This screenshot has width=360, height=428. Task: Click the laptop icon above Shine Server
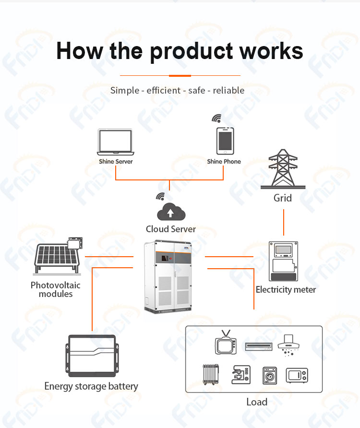click(116, 142)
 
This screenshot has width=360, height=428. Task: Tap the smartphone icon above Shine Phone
click(225, 141)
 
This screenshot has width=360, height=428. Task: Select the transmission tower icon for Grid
click(283, 169)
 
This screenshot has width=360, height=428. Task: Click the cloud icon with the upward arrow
click(171, 212)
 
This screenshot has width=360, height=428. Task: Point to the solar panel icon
click(58, 256)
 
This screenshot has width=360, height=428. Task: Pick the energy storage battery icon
click(92, 356)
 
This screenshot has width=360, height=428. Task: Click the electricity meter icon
click(283, 261)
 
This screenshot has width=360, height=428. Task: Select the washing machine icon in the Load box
click(270, 376)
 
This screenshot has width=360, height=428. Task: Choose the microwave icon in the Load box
click(297, 375)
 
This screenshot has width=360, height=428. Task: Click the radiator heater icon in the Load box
click(211, 374)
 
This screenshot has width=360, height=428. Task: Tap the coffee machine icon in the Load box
click(241, 375)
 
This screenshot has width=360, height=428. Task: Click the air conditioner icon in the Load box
click(258, 346)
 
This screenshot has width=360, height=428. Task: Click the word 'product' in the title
click(192, 52)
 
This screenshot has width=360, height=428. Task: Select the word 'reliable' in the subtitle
click(228, 90)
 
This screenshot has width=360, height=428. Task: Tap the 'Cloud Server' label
click(171, 229)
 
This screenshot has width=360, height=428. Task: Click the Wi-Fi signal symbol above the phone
click(216, 118)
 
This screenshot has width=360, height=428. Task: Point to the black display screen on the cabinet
click(165, 258)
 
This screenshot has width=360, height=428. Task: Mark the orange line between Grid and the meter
click(284, 222)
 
